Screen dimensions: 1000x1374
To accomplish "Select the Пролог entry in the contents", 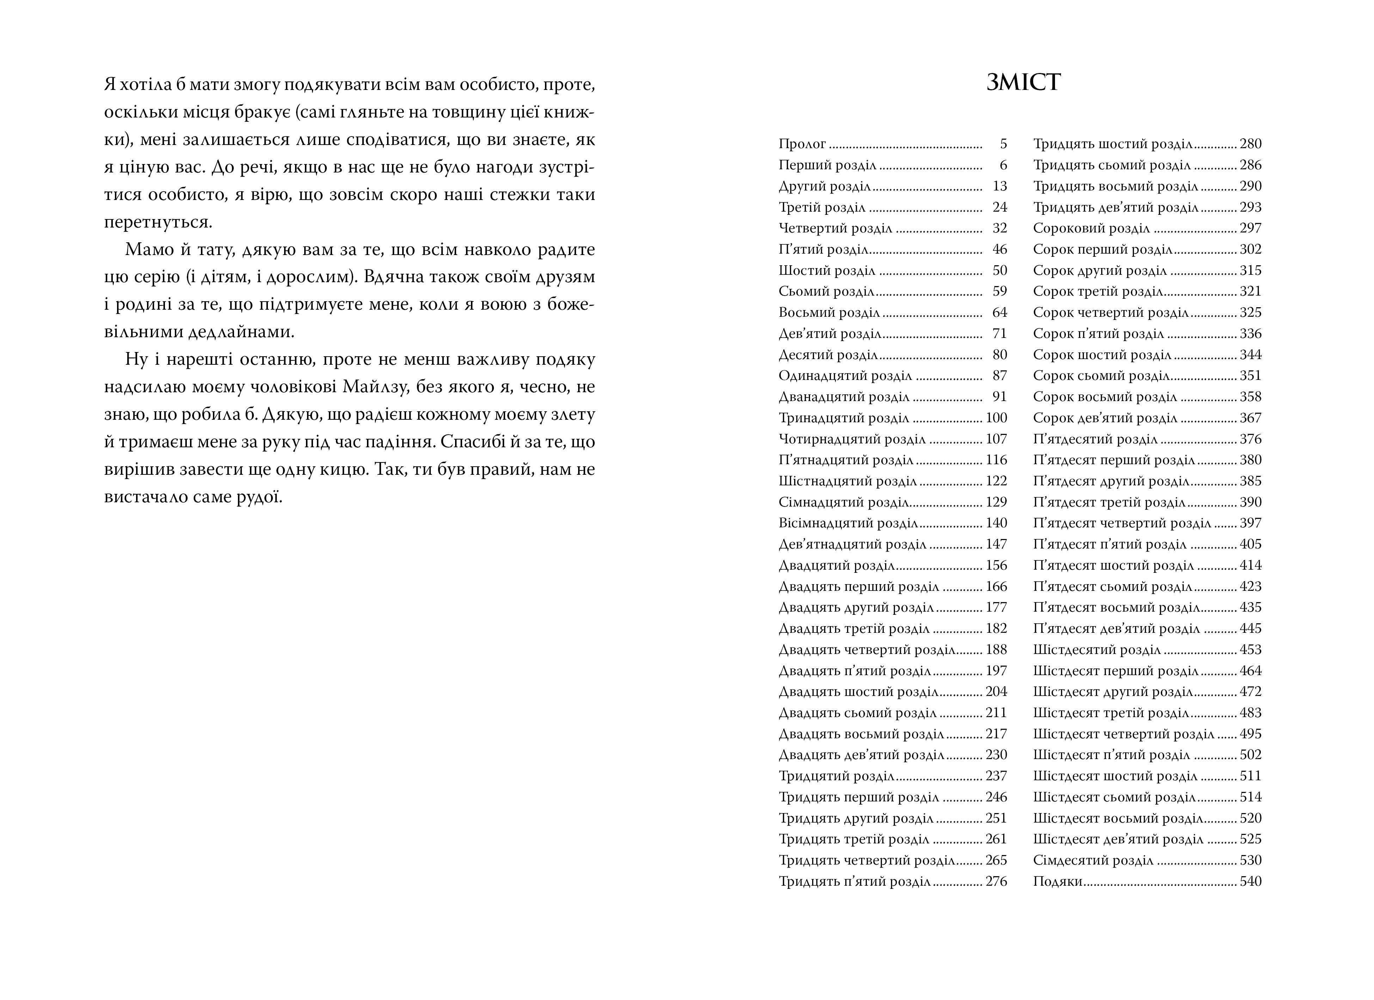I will coord(802,144).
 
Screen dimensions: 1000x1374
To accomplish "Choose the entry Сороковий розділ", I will coord(1091,229).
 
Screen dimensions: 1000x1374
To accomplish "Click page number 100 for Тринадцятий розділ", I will coord(996,418).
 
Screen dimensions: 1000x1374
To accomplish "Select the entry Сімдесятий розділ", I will coord(1093,861).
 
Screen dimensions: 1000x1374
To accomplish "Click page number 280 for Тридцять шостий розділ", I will coord(1250,144).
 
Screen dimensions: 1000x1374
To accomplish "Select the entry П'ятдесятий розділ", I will coord(1095,440).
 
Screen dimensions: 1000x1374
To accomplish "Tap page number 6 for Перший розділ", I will coord(1003,165).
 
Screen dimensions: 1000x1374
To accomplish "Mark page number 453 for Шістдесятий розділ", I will coord(1250,650).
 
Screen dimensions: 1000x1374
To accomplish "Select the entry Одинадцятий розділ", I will coord(845,376).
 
